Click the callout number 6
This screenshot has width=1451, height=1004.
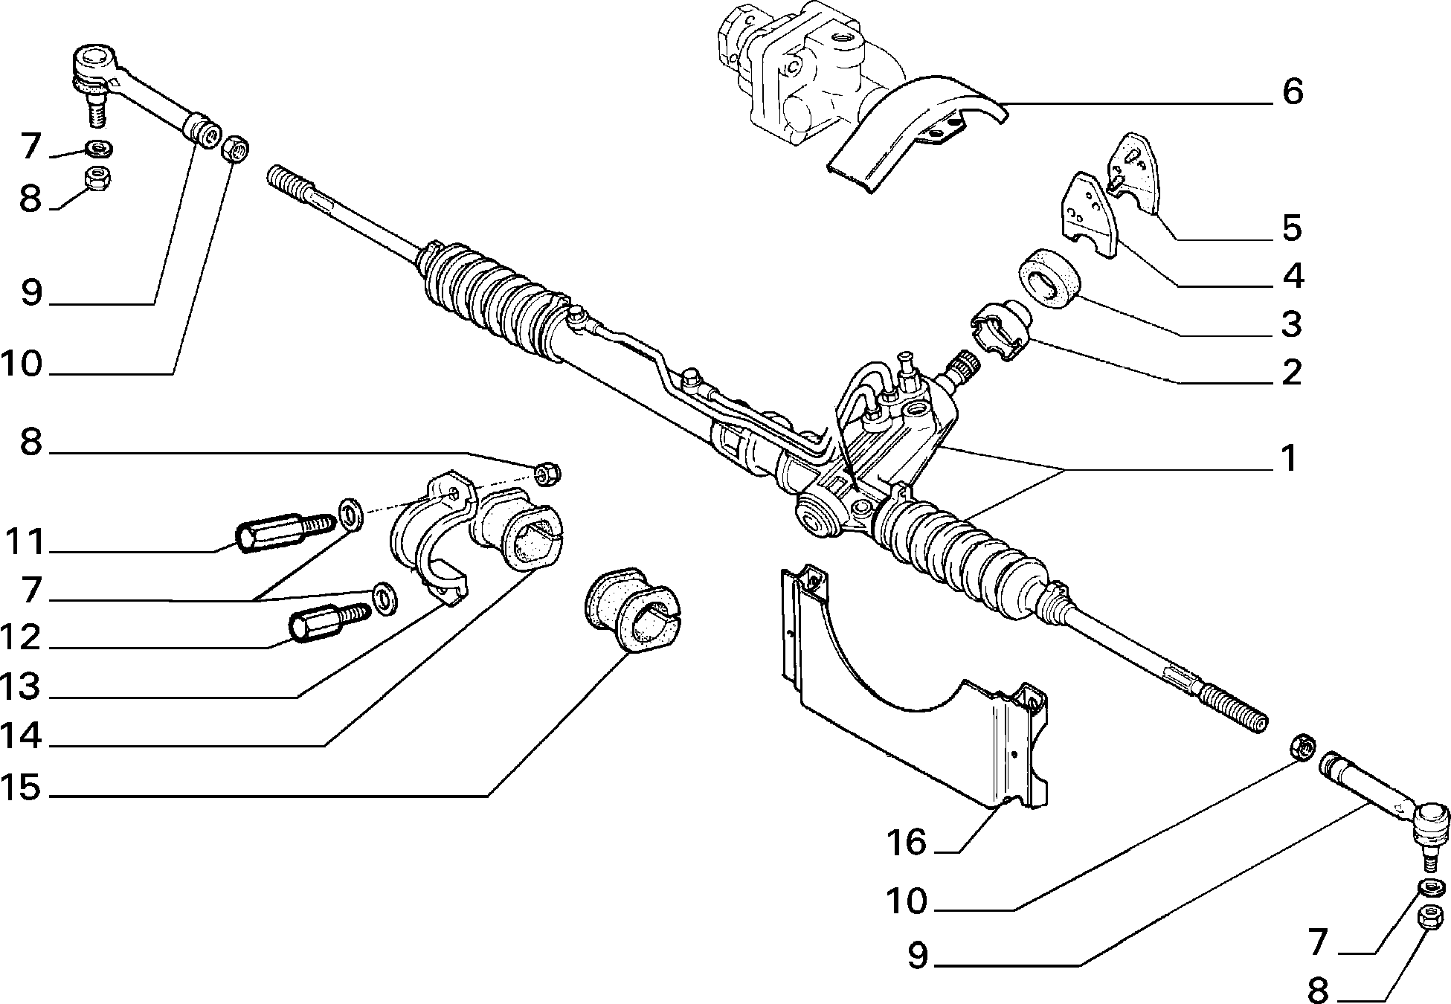pos(1293,92)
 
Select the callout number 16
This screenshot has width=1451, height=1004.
pos(907,843)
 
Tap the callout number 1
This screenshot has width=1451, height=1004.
pos(1289,458)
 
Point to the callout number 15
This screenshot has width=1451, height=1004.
pos(21,788)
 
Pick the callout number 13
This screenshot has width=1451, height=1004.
pos(21,687)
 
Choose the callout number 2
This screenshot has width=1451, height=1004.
pos(1292,372)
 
